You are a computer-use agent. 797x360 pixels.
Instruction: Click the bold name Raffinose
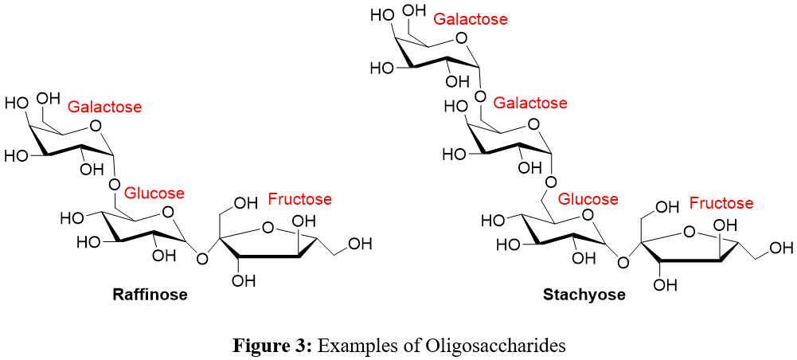(x=150, y=295)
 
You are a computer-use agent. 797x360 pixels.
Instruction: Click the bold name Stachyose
(x=584, y=295)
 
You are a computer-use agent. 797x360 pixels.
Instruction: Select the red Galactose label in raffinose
(x=105, y=107)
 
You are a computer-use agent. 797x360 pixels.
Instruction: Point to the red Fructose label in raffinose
(x=299, y=199)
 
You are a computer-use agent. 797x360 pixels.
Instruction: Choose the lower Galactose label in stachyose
(x=530, y=104)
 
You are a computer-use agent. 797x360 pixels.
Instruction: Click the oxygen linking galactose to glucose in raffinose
(x=115, y=185)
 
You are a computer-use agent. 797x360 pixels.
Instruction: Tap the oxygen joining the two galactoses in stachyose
(x=479, y=96)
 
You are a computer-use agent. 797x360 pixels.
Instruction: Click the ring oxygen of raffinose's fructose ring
(x=268, y=228)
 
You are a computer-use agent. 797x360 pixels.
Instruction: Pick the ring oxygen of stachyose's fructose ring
(x=690, y=233)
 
